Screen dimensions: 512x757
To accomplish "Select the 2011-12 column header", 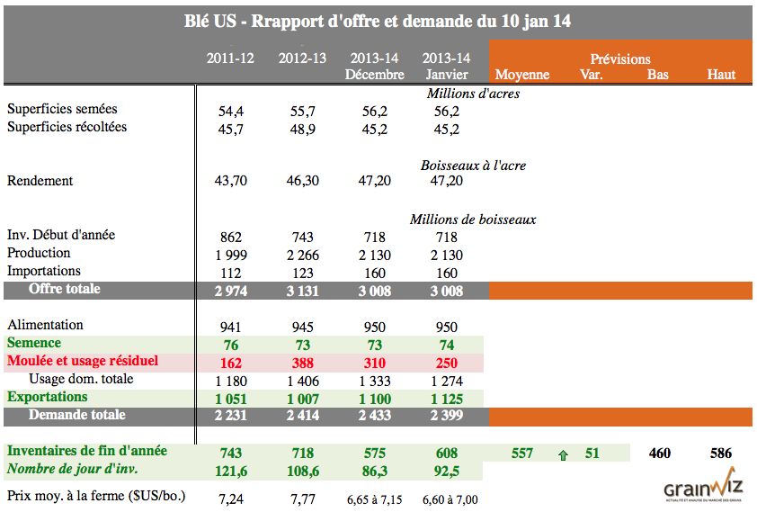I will (230, 58).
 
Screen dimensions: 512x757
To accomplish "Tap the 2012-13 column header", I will (302, 58).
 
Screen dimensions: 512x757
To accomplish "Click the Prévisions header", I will (619, 58).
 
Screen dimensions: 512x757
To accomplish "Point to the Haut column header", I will (721, 75).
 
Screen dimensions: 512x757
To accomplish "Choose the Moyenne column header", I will (522, 75).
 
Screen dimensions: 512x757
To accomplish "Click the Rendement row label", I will (40, 181).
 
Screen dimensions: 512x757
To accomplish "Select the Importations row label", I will (44, 271).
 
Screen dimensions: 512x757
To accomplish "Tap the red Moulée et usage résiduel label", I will (83, 361).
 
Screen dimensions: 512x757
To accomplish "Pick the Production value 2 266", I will (302, 255).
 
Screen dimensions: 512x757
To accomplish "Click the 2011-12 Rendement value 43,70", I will (230, 182).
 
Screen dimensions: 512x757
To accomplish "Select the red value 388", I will (303, 363).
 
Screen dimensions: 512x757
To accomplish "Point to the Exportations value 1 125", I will (446, 399).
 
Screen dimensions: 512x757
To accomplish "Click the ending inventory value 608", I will (446, 454).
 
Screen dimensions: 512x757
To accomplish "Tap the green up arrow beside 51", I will (564, 454).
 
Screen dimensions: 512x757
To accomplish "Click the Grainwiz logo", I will (701, 487).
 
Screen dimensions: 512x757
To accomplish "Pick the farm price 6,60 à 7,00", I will (446, 499).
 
